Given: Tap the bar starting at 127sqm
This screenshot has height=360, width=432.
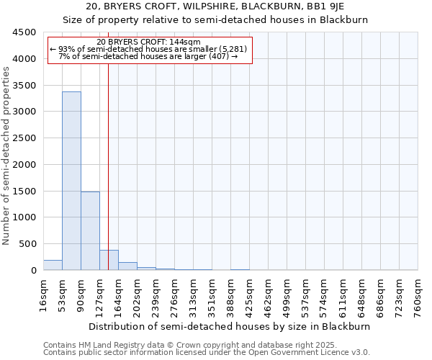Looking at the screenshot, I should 109,260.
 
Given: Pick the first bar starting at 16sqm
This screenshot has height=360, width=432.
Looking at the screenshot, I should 53,265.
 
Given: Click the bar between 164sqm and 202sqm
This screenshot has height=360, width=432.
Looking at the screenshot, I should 127,266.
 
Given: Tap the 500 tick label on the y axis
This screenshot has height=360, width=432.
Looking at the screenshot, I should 27,244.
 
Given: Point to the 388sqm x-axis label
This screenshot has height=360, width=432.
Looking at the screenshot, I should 230,295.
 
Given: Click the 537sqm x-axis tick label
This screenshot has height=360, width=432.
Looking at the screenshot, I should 305,295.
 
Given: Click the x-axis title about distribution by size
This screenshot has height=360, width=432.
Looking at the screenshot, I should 230,326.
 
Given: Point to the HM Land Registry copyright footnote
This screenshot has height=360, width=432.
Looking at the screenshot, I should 181,345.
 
